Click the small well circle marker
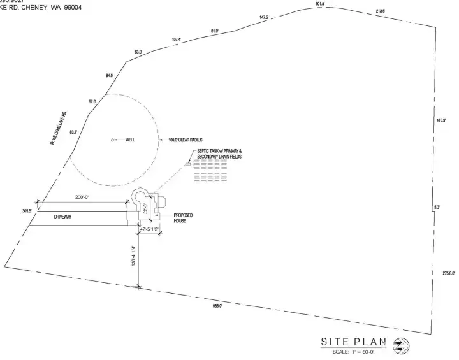[113, 140]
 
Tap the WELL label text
[130, 140]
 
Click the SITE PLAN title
[353, 343]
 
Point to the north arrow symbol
[402, 345]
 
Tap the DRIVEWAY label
[62, 217]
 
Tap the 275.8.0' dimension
[448, 273]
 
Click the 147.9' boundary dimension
[264, 17]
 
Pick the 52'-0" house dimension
[145, 209]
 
